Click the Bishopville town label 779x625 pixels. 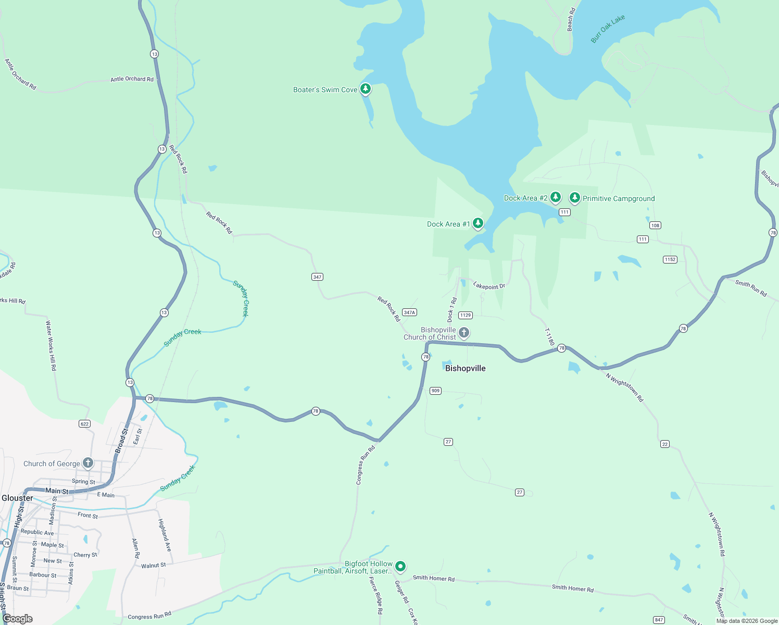tap(465, 368)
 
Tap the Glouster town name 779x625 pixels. tap(17, 498)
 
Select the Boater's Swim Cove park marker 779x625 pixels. tap(366, 89)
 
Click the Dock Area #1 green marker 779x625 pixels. tap(478, 223)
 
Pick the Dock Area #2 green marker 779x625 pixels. tap(556, 197)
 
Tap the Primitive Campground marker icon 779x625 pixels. tap(574, 197)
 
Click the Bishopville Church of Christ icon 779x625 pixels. tap(464, 332)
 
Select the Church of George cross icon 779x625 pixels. tap(88, 463)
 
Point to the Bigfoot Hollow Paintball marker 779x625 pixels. tap(400, 566)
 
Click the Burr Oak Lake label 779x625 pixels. tap(608, 29)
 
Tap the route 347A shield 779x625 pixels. tap(409, 312)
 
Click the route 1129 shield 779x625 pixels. tap(465, 315)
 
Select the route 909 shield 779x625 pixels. tap(435, 391)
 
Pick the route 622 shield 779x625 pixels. tap(85, 423)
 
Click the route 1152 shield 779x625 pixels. tap(670, 259)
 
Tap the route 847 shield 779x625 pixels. tap(659, 620)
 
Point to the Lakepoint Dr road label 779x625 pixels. tap(489, 285)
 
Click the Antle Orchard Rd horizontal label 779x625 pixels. tap(132, 79)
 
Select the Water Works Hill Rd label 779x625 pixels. tap(51, 345)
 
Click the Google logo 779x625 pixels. tap(18, 618)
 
